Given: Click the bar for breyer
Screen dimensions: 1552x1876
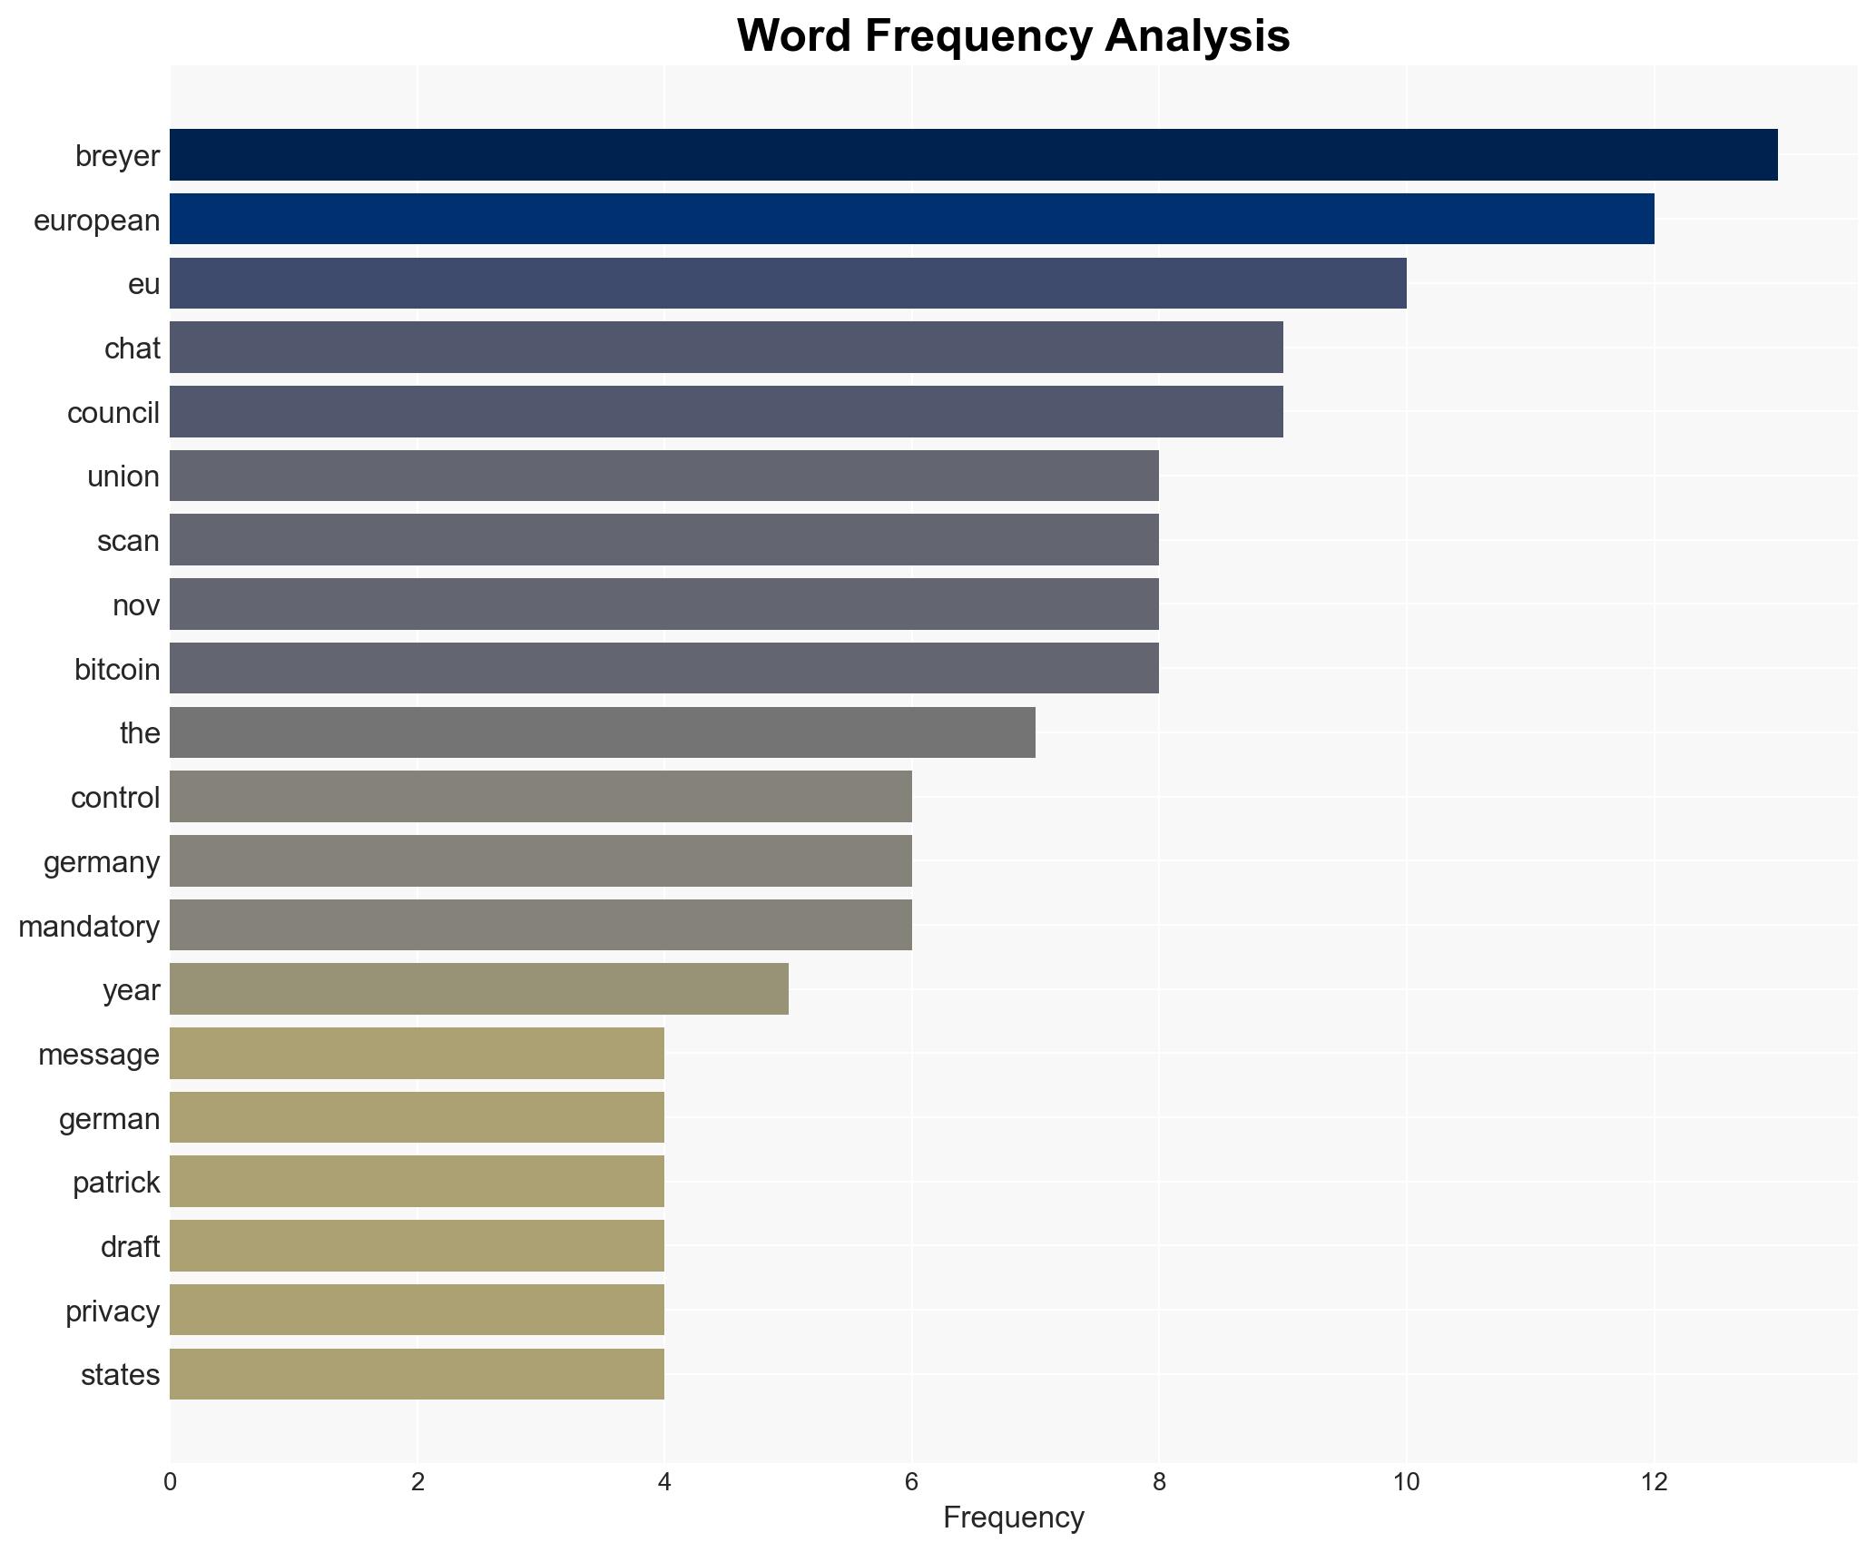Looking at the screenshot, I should pyautogui.click(x=973, y=154).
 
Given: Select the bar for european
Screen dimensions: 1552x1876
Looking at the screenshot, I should pyautogui.click(x=911, y=219).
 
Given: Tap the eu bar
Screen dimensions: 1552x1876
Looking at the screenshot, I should pyautogui.click(x=788, y=283).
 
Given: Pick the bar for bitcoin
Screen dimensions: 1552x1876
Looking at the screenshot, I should pyautogui.click(x=664, y=668).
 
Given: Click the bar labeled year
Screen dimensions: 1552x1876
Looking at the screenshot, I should pyautogui.click(x=479, y=988).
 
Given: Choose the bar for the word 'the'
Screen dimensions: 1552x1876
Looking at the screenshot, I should pyautogui.click(x=603, y=732).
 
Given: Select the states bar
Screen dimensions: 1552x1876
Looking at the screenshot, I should pyautogui.click(x=417, y=1374).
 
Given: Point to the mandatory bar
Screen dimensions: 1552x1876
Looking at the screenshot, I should pyautogui.click(x=541, y=925).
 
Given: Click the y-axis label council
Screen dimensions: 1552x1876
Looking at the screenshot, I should pyautogui.click(x=113, y=413).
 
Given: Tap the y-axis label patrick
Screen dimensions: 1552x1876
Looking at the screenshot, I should pyautogui.click(x=116, y=1183).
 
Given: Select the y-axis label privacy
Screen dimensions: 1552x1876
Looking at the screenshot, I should pyautogui.click(x=113, y=1311).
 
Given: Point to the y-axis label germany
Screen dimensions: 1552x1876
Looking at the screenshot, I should pyautogui.click(x=102, y=861).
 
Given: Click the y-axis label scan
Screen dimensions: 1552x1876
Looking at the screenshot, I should pyautogui.click(x=128, y=541).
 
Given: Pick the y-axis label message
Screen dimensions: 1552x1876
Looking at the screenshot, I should pyautogui.click(x=99, y=1055).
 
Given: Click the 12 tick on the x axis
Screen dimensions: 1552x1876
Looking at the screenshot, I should pyautogui.click(x=1654, y=1482).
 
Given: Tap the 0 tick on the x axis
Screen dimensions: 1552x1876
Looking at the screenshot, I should pyautogui.click(x=170, y=1482).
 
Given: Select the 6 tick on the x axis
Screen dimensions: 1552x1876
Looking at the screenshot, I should pyautogui.click(x=911, y=1482).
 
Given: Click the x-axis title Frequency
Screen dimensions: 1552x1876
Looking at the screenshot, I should pyautogui.click(x=1013, y=1518).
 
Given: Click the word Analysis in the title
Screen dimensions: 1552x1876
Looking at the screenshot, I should pyautogui.click(x=1197, y=36).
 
